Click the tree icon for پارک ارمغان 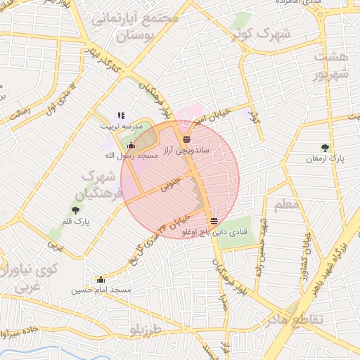(324, 148)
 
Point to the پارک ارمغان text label (324, 160)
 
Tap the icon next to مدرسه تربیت (121, 115)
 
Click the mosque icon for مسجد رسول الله (131, 146)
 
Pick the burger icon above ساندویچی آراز (186, 139)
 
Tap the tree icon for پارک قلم (75, 209)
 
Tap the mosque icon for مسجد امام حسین (101, 279)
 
